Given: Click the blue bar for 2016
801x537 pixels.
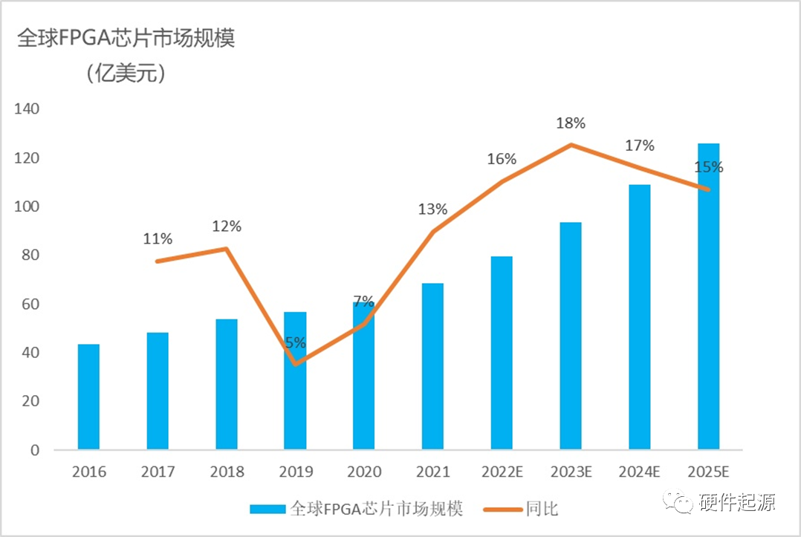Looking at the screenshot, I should click(88, 397).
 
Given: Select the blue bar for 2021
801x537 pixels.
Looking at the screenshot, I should click(432, 366).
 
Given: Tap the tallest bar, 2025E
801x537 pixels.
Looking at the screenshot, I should click(708, 296).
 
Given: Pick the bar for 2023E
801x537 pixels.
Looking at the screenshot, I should click(571, 336).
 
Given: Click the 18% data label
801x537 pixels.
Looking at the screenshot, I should click(571, 123).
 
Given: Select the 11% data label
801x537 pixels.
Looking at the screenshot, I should click(158, 239).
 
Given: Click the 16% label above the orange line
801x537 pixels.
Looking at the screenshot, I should click(502, 159).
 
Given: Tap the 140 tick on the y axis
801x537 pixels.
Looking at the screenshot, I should click(27, 109).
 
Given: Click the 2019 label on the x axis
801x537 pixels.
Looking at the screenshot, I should click(295, 472).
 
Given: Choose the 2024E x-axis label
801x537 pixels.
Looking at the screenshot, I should click(639, 472).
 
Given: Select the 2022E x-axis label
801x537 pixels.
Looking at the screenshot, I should click(502, 472).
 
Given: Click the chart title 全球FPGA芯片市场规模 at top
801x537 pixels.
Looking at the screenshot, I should click(126, 40).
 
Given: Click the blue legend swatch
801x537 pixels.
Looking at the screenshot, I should click(267, 509).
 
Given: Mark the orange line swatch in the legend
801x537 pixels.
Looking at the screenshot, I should click(503, 509).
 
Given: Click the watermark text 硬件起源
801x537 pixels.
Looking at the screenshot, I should click(738, 503).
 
